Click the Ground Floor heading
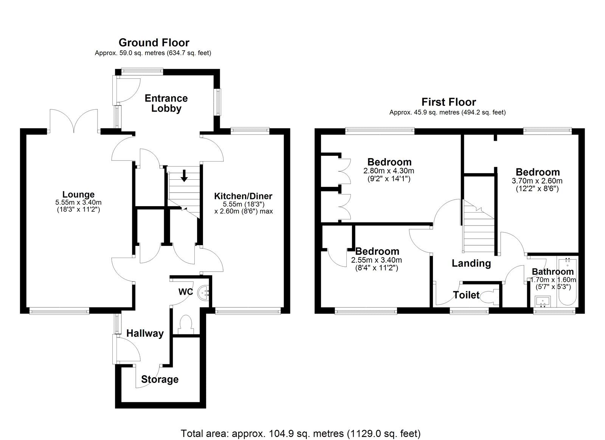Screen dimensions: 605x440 coord(154,43)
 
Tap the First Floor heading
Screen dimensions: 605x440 coord(448,102)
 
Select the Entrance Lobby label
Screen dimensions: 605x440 coord(166,103)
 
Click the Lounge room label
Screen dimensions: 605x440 coord(78,194)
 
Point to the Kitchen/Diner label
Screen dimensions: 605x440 coord(243,196)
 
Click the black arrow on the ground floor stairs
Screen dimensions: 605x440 coord(184,176)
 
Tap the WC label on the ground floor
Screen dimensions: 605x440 coord(186,292)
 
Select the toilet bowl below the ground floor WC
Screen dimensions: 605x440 coord(185,324)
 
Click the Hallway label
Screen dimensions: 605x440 coord(145,334)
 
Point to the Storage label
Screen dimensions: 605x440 coord(160,379)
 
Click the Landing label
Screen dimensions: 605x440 coord(471,263)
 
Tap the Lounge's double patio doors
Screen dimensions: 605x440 coord(73,121)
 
